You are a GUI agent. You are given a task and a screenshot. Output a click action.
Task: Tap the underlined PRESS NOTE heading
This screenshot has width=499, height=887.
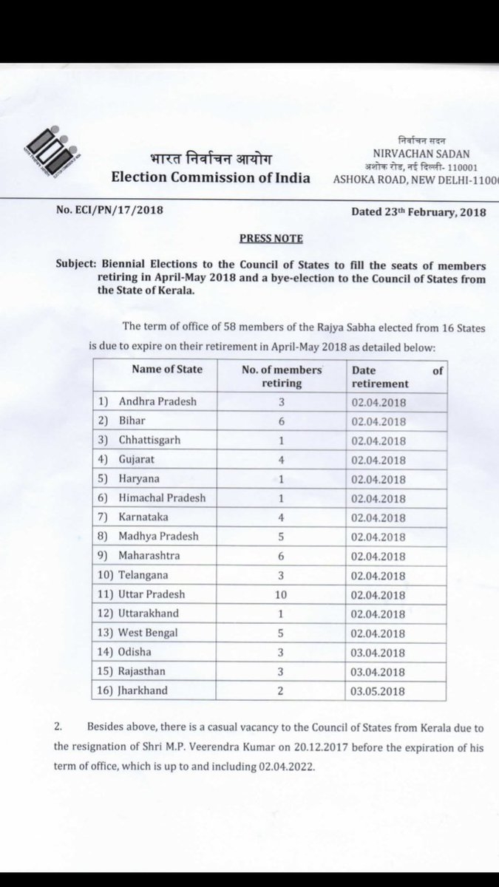[270, 239]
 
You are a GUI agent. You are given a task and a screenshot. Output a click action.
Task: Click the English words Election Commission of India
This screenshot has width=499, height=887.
[211, 177]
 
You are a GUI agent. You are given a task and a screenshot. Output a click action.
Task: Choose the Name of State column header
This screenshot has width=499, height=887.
[166, 370]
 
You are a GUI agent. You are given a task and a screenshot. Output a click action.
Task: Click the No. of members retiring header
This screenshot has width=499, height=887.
[282, 376]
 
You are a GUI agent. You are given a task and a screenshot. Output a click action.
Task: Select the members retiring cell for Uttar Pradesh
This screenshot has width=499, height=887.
[282, 594]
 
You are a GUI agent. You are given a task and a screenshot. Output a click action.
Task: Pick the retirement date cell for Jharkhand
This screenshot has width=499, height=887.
[379, 691]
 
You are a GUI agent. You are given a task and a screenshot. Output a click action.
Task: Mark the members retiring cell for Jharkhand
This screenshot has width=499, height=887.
[282, 690]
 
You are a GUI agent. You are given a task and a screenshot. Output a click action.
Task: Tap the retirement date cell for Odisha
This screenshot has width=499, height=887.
[379, 653]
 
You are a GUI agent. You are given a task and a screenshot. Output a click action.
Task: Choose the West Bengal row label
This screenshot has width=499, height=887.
[148, 633]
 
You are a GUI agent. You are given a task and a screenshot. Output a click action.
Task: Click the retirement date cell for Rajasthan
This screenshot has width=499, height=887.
[379, 672]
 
